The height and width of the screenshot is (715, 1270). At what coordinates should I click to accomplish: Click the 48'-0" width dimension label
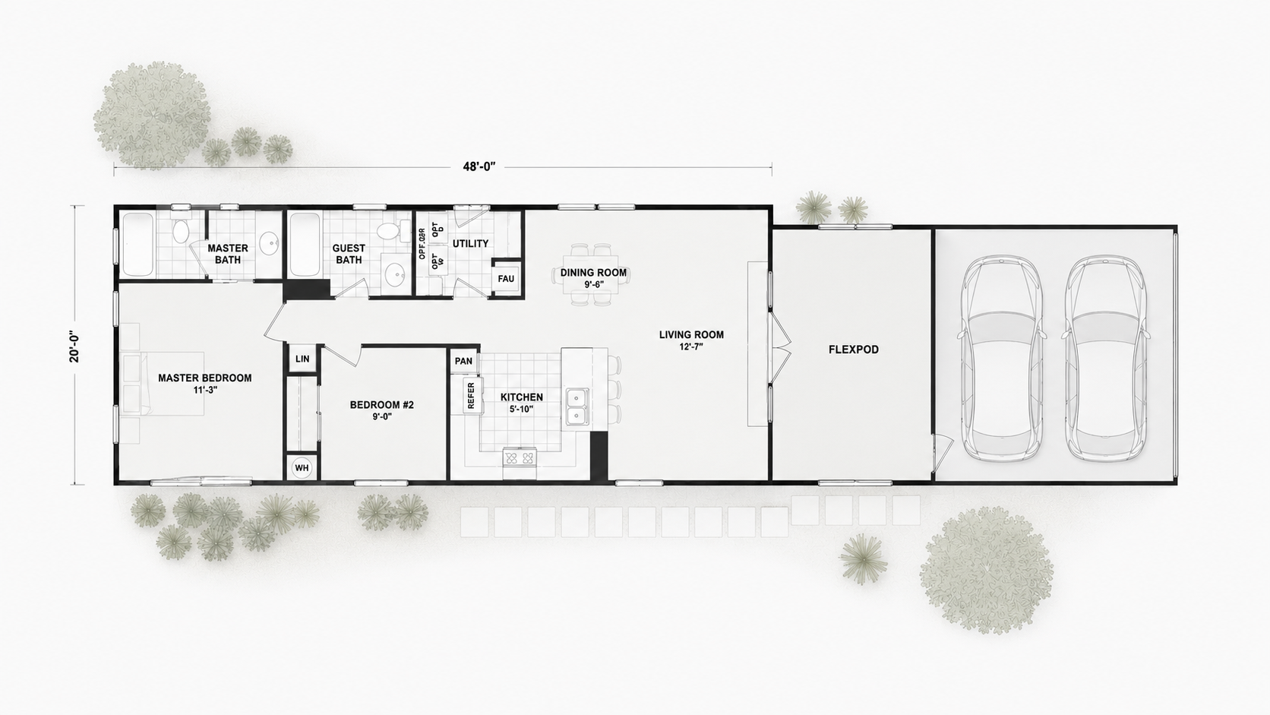479,166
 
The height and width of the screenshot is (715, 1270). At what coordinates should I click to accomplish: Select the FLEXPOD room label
853,350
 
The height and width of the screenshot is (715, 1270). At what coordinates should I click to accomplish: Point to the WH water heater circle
302,468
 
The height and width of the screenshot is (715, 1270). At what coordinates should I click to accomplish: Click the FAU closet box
506,278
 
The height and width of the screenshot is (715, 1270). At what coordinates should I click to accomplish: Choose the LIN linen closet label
302,359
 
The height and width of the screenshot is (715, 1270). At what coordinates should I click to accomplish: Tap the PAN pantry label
463,361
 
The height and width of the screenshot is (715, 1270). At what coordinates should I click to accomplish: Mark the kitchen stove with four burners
519,457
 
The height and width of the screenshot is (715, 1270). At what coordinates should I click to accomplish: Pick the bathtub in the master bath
138,244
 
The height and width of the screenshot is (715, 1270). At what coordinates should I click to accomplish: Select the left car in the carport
1002,359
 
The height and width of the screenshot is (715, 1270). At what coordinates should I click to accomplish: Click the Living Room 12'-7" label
691,340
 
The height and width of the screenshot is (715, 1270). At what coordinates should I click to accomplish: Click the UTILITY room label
470,243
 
